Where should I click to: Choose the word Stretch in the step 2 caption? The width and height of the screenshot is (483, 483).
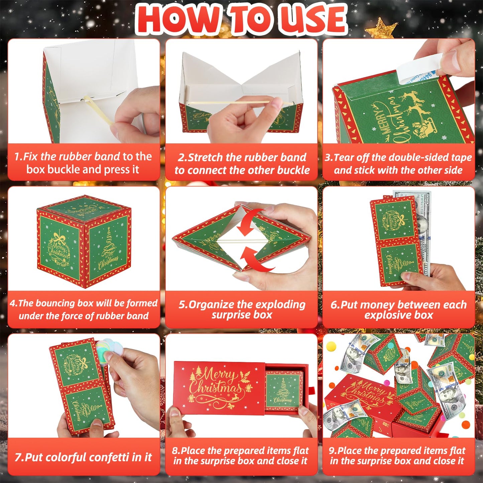tap(206, 157)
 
